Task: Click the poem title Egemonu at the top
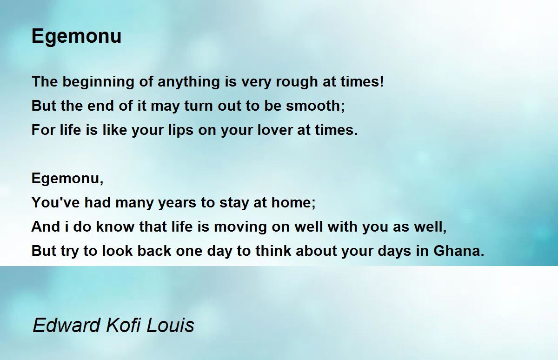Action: pos(76,37)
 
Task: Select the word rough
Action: pos(297,82)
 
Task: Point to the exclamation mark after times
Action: pos(382,81)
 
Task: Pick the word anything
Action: pos(189,82)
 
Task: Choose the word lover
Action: pos(275,130)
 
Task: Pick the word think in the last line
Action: pos(273,251)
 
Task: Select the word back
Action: pos(154,251)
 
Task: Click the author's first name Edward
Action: pos(66,325)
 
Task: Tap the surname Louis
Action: pos(170,325)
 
